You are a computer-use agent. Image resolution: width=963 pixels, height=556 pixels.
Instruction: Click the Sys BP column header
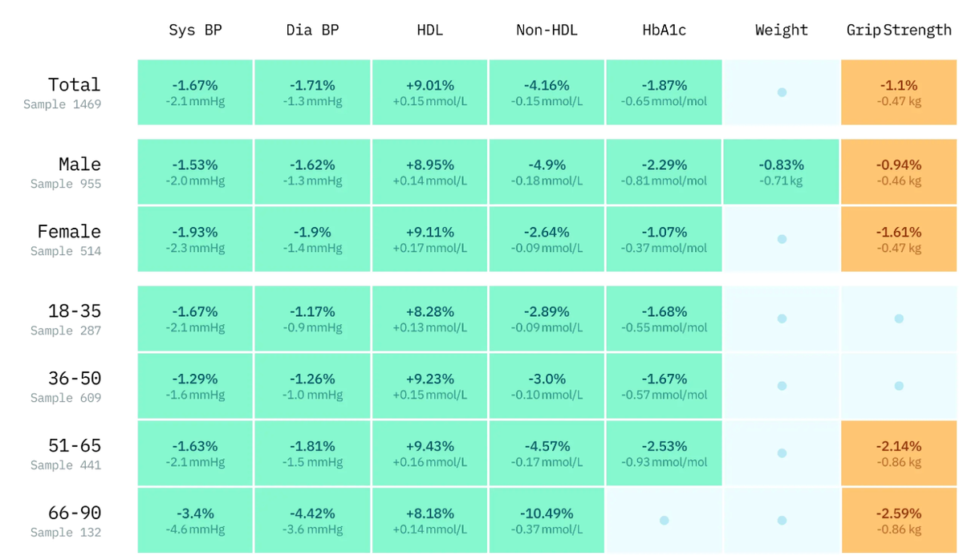click(195, 30)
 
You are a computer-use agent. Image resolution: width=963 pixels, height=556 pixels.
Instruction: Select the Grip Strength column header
click(899, 30)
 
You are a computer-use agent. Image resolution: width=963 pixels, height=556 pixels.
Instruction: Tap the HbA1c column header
click(664, 30)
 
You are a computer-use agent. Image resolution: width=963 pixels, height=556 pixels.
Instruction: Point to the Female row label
click(69, 232)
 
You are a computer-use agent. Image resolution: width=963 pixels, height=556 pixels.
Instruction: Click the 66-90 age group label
click(75, 513)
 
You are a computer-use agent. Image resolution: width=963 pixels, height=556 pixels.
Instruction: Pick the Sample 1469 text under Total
click(63, 104)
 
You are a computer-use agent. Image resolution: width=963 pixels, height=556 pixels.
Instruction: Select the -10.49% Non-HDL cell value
click(547, 513)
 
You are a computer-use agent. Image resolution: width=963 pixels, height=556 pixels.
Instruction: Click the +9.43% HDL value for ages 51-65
click(430, 446)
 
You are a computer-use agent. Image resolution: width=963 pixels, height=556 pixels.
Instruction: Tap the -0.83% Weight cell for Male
click(781, 164)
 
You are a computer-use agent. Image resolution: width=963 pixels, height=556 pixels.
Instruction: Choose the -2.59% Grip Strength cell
click(899, 513)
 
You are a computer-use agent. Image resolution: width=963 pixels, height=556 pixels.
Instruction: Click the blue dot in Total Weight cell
click(782, 92)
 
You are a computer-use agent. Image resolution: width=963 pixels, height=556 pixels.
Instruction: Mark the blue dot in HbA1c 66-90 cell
click(664, 521)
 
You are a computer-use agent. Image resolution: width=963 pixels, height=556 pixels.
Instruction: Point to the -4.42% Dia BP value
click(312, 513)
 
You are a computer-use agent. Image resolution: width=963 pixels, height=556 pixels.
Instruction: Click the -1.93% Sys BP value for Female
click(195, 232)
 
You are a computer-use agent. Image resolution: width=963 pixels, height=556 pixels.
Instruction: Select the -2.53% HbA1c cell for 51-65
click(664, 446)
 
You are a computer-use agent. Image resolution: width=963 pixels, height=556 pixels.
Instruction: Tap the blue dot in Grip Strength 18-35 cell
click(899, 319)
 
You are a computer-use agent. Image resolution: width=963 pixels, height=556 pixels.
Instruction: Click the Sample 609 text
click(66, 398)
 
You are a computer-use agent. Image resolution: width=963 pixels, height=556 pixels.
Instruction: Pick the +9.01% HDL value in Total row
click(430, 85)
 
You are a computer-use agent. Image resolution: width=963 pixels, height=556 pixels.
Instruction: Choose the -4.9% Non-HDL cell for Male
click(547, 164)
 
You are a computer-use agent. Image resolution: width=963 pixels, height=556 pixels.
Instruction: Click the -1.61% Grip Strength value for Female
click(899, 232)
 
